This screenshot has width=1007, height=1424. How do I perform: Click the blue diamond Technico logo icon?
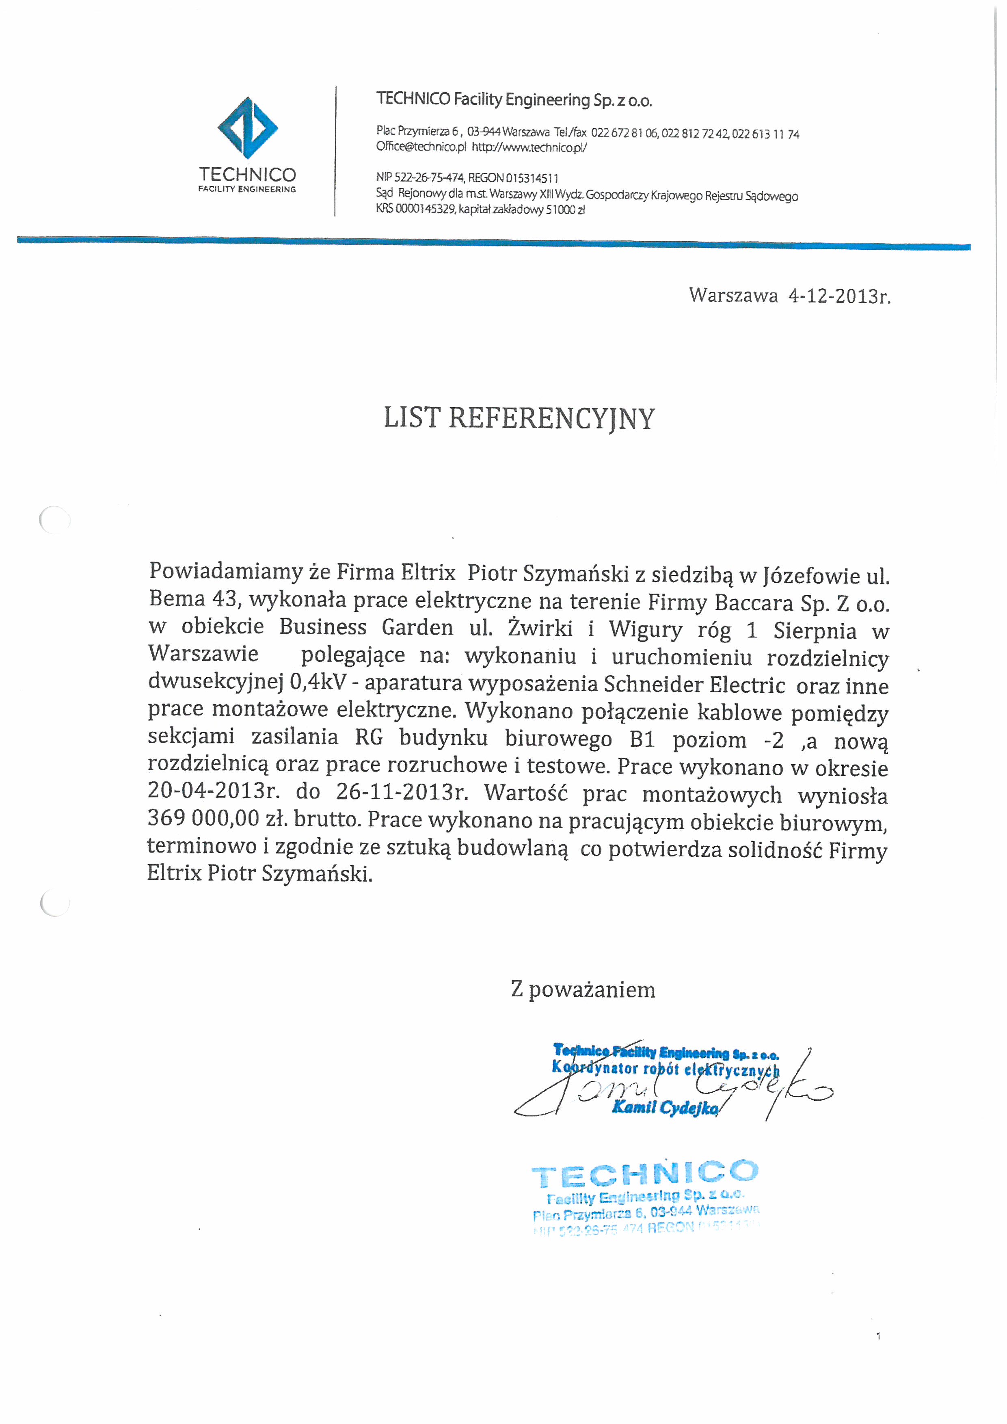point(247,128)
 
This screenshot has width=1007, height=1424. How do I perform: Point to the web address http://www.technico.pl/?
point(529,148)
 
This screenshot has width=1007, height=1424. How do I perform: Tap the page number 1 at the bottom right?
point(878,1337)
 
